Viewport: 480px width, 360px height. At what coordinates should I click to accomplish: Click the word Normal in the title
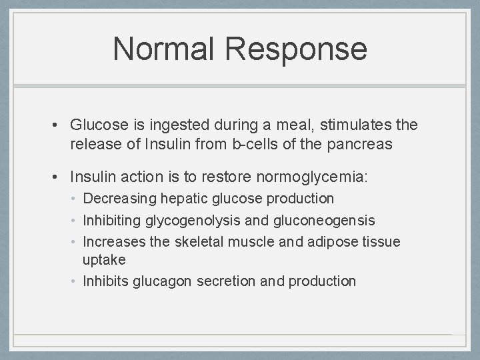pyautogui.click(x=164, y=49)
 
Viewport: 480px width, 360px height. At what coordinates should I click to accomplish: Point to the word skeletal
pyautogui.click(x=199, y=241)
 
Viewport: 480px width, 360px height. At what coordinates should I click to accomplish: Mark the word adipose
pyautogui.click(x=331, y=241)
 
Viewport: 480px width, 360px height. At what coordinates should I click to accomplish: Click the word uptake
pyautogui.click(x=104, y=259)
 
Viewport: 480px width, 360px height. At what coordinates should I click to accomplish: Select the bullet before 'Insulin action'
pyautogui.click(x=59, y=177)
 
